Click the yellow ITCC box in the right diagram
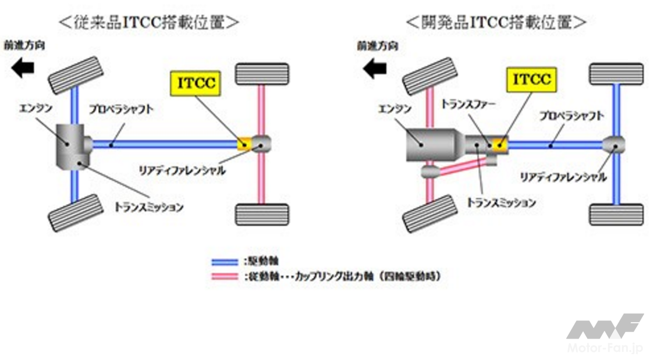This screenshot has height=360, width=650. point(531,80)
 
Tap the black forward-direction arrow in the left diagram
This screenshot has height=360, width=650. point(23,69)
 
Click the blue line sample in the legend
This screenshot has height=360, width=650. point(225,261)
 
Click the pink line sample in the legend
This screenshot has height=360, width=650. point(225,276)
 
